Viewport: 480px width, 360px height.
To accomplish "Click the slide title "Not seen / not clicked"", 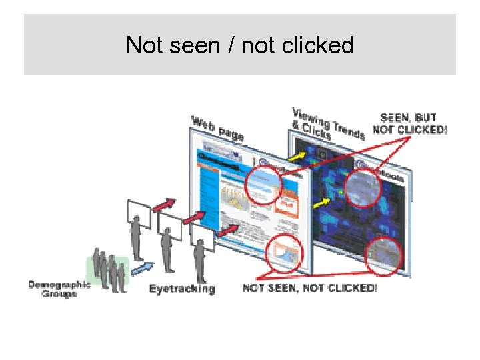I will [x=239, y=45].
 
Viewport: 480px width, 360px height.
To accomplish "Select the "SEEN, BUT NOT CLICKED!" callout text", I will [x=409, y=124].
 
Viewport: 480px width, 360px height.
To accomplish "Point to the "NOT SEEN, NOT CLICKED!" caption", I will [x=309, y=288].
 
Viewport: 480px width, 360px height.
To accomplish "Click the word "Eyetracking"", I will [x=182, y=289].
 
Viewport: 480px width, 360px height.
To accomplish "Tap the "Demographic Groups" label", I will [x=59, y=289].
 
